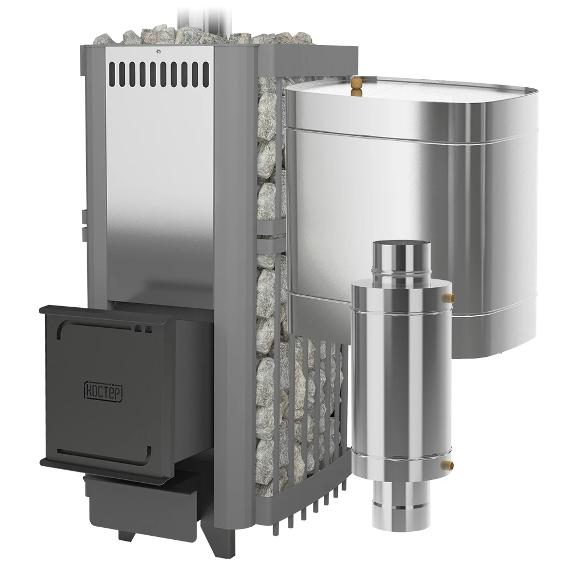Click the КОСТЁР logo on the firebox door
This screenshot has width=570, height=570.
[103, 390]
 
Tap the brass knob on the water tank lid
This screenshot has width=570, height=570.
[357, 86]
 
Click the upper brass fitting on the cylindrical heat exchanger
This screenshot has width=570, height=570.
[447, 298]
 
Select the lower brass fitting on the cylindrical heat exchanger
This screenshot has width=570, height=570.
[447, 465]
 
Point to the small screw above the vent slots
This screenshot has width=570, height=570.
[158, 52]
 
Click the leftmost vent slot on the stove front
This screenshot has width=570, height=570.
[112, 74]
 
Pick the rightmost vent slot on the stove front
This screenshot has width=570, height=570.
[206, 74]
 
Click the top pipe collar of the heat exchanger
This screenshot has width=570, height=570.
[401, 261]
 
